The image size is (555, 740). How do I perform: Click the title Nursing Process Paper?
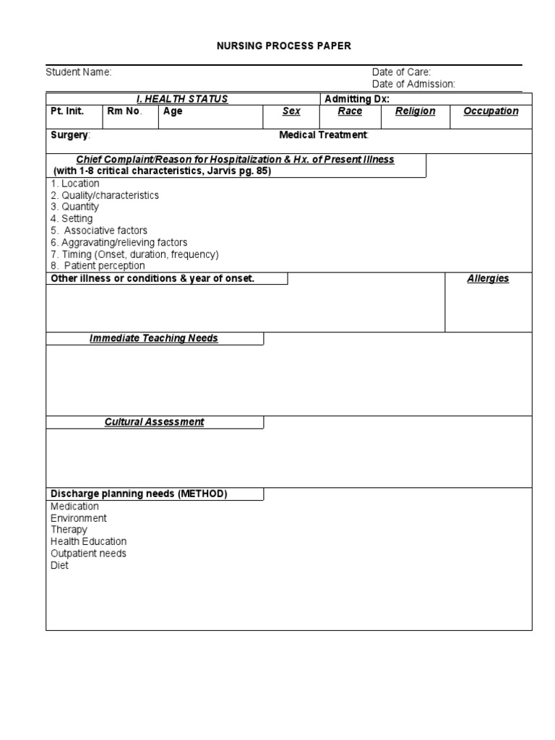coord(284,46)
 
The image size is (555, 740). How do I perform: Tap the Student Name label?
coord(79,72)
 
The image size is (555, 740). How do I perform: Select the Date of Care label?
coord(401,72)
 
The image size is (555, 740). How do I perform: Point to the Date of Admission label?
coord(413,85)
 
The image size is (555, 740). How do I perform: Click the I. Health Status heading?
coord(182,99)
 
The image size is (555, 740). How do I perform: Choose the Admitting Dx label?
coord(357,99)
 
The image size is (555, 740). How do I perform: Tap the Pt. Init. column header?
coord(67,111)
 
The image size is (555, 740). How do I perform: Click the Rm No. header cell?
coord(125,111)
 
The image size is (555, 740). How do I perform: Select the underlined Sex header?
coord(291,111)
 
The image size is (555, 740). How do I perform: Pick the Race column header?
coord(350,111)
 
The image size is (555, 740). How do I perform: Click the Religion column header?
coord(416,111)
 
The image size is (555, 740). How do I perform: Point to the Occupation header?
coord(491,111)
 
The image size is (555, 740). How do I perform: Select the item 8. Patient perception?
coord(98,266)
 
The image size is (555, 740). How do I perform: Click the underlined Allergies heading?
coord(488,279)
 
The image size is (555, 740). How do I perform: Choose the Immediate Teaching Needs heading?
coord(154,338)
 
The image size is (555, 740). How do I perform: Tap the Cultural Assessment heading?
coord(154,422)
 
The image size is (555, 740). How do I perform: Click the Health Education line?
coord(88,541)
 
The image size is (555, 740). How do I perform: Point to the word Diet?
coord(59,565)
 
